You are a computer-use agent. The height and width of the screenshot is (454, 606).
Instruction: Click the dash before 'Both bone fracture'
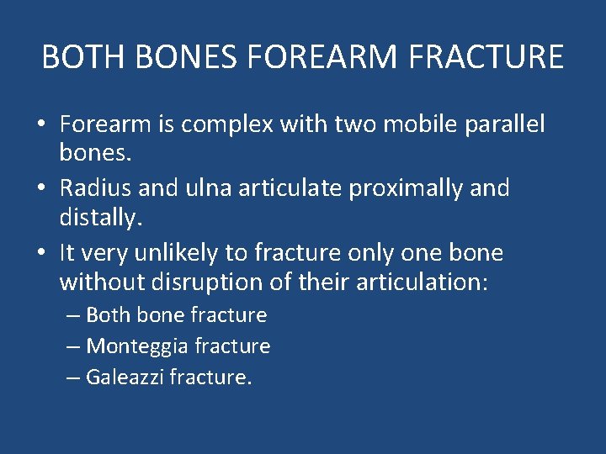(x=73, y=315)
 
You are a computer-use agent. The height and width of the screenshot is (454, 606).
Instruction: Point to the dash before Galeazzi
(x=73, y=377)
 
